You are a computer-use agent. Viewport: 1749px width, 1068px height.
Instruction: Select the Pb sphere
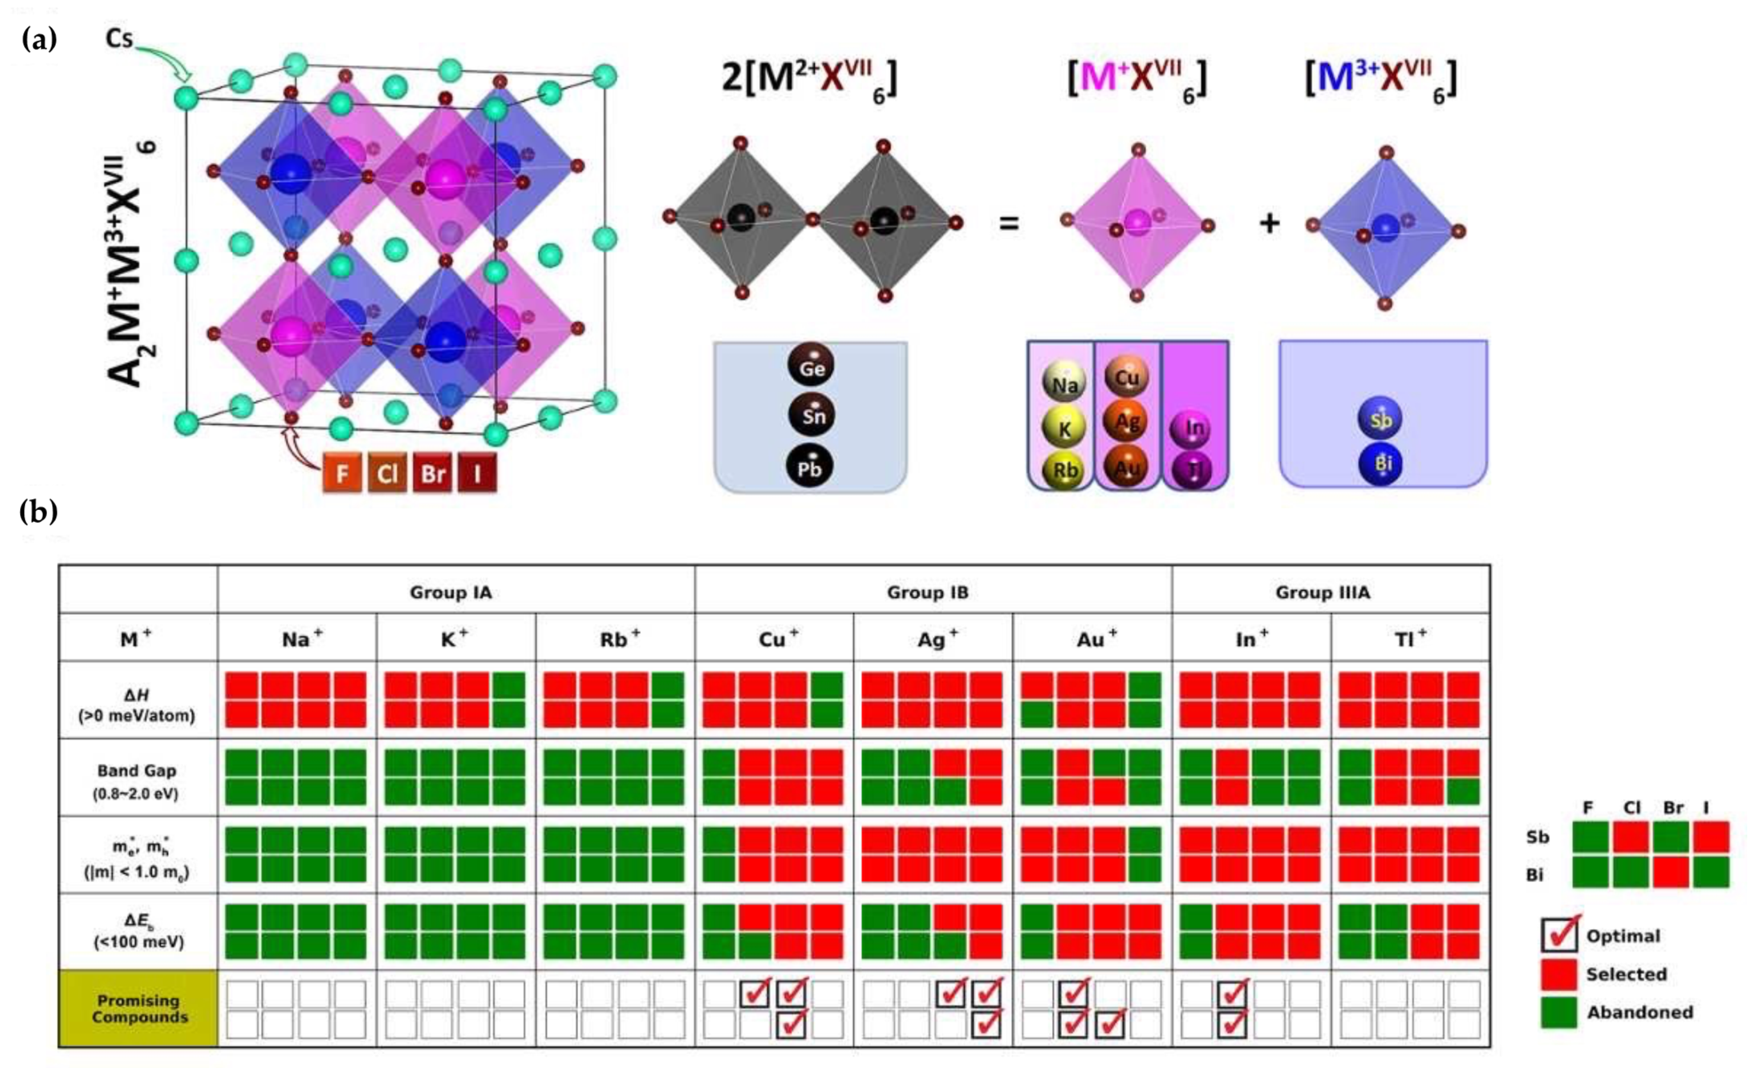(x=809, y=467)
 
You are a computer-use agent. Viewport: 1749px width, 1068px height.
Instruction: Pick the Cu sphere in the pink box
(x=1126, y=377)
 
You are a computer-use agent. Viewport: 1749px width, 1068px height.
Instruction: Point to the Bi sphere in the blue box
(x=1380, y=464)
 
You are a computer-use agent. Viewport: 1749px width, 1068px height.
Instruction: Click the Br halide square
(x=432, y=472)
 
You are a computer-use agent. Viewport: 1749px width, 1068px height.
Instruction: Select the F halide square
(x=342, y=472)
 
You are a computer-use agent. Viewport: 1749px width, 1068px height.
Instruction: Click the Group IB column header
(x=927, y=592)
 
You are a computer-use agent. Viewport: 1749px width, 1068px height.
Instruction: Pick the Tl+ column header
(x=1410, y=639)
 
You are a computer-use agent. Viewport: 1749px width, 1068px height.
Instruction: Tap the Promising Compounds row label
(x=139, y=1008)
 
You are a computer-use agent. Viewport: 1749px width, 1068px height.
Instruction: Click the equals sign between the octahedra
(x=1009, y=223)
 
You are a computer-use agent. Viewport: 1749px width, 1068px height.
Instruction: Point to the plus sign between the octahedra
(x=1269, y=223)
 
